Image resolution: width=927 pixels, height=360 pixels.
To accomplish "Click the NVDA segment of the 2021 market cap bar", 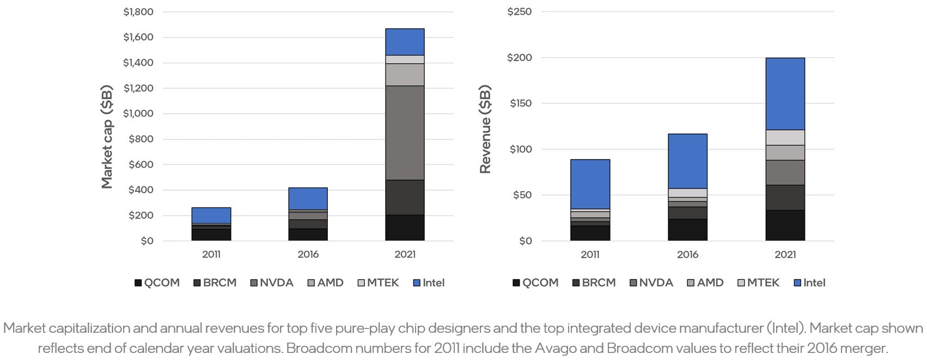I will pos(405,132).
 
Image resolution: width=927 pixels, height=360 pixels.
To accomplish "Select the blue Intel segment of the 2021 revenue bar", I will pos(785,94).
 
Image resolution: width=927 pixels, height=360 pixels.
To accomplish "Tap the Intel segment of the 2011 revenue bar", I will pos(590,184).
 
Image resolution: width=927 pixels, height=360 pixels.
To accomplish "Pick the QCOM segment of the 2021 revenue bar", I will pos(785,225).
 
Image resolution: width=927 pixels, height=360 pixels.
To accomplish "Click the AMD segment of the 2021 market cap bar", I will pos(405,75).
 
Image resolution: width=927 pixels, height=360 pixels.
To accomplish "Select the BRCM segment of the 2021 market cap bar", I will pos(405,197).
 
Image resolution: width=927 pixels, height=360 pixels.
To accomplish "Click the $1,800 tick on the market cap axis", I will pos(138,11).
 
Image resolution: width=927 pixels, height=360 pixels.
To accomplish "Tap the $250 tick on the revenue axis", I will pos(519,11).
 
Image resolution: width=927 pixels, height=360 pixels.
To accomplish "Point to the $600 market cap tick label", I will pos(141,164).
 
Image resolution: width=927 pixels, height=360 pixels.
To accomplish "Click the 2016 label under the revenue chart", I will pos(687,254).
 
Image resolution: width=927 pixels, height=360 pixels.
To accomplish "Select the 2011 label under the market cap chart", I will pos(211,254).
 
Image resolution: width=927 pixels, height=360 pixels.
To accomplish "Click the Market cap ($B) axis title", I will pos(107,137).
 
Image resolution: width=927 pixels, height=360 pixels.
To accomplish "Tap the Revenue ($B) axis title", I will pos(485,129).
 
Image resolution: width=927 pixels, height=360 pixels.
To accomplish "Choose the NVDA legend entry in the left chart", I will pos(272,283).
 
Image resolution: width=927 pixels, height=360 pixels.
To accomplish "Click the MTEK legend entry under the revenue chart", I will pos(759,283).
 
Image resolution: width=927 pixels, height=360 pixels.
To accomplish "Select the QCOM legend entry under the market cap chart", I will pos(157,283).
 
